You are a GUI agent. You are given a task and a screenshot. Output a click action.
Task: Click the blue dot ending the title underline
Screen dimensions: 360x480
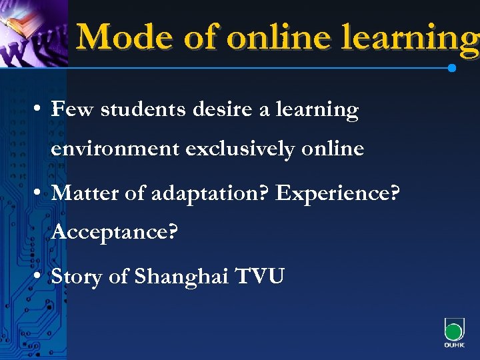pyautogui.click(x=452, y=68)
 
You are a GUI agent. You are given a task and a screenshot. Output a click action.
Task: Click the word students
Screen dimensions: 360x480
pyautogui.click(x=143, y=109)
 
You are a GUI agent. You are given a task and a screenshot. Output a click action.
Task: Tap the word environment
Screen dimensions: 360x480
pyautogui.click(x=115, y=148)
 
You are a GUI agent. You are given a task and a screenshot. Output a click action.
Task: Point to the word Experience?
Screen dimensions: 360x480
pyautogui.click(x=338, y=194)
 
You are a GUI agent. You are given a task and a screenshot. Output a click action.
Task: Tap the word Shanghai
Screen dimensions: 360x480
pyautogui.click(x=181, y=277)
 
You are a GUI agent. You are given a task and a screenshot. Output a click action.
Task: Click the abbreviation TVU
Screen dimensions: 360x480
pyautogui.click(x=261, y=276)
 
